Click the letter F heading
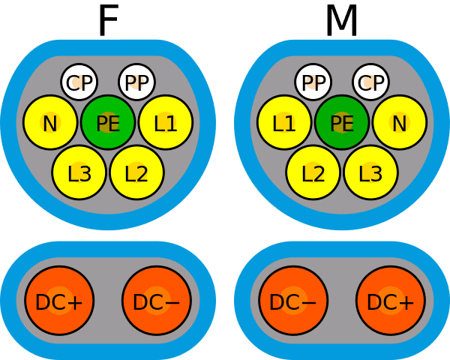click(x=108, y=21)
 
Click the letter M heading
click(x=341, y=21)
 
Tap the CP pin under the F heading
click(x=79, y=82)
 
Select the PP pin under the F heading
click(x=137, y=82)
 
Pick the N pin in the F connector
click(x=50, y=122)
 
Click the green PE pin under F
click(x=108, y=122)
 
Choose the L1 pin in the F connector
click(x=166, y=122)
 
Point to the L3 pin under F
click(x=79, y=172)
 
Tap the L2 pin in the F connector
click(x=137, y=172)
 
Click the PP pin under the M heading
click(x=313, y=82)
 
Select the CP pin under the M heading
click(x=370, y=82)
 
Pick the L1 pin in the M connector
click(x=284, y=122)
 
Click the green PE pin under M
click(x=341, y=122)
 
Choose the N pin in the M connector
click(x=400, y=122)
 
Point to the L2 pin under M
click(x=313, y=172)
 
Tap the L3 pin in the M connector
click(x=370, y=172)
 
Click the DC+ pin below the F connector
click(x=59, y=301)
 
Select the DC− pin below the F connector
click(x=157, y=301)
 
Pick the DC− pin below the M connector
click(x=293, y=301)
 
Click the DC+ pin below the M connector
click(x=391, y=301)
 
